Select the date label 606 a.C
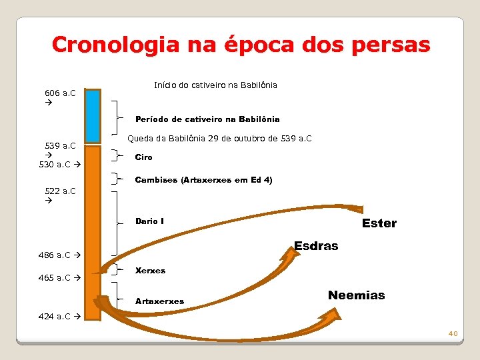click(59, 93)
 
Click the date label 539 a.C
click(59, 145)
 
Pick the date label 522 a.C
click(59, 191)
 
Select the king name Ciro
click(143, 157)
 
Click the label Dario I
click(149, 221)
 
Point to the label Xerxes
click(150, 271)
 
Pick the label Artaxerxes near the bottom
click(159, 301)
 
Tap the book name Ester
click(379, 223)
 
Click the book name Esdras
click(316, 245)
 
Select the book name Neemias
click(356, 295)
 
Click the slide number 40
click(453, 333)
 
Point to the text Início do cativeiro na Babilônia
click(215, 85)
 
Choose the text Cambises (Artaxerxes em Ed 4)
click(203, 180)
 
